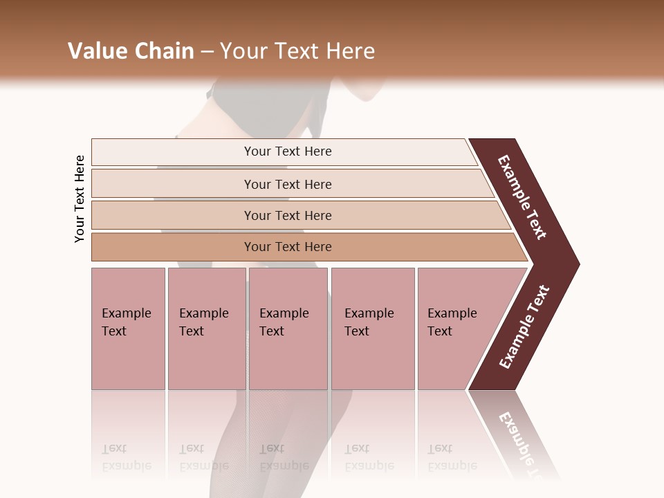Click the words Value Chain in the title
coord(131,51)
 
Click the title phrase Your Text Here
coord(297,51)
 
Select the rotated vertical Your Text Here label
coord(80,199)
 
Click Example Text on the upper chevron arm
coord(522,197)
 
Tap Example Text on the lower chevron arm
coord(524,327)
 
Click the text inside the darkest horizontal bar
coord(288,247)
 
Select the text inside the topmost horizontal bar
coord(288,151)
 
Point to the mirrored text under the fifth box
coord(452,456)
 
